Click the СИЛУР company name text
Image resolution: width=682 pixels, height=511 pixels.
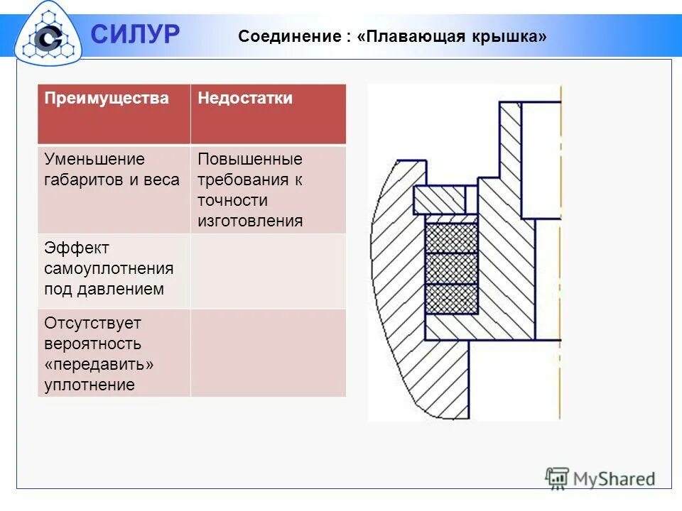135,33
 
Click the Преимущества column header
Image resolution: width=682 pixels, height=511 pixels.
107,99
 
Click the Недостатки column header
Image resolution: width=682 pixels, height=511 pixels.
245,99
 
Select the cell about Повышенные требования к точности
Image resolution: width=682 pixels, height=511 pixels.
268,189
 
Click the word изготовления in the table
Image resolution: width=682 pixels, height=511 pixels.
250,221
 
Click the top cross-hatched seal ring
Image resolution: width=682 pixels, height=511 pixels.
451,238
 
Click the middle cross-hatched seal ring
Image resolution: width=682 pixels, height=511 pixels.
451,268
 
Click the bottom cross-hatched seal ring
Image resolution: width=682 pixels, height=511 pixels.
451,298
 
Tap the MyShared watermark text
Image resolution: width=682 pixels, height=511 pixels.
614,479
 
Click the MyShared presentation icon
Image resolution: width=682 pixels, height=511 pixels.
557,478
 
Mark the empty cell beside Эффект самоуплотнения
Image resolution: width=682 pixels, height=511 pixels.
268,270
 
